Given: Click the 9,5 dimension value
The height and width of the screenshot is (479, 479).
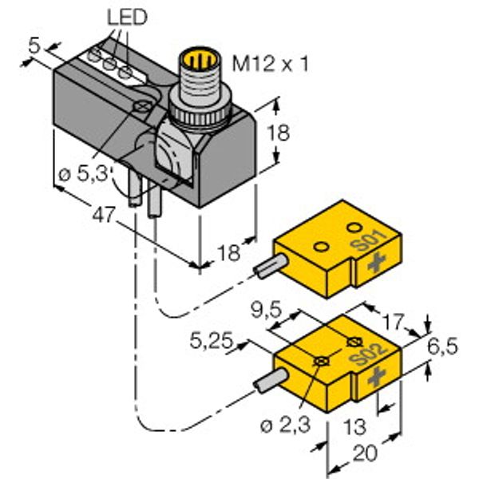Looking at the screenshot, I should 264,307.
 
